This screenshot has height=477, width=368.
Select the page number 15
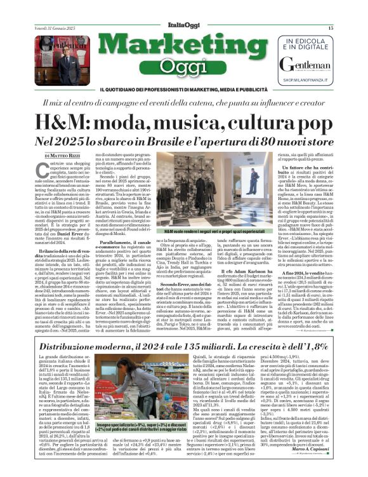331,28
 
